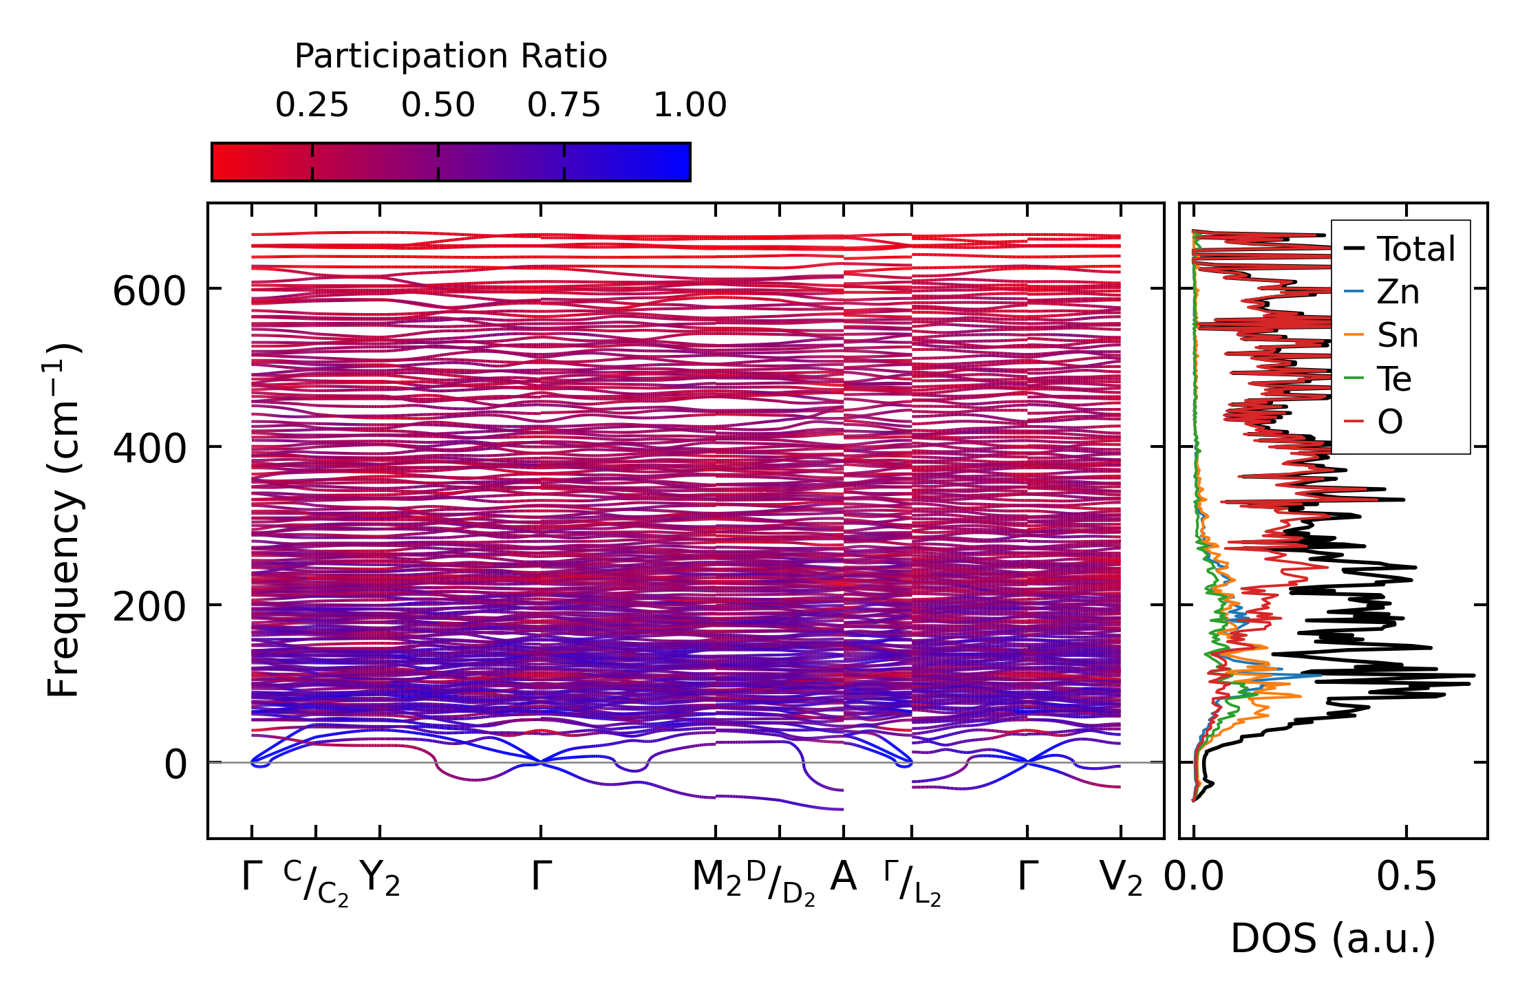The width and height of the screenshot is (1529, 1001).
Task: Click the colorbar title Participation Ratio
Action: [x=451, y=56]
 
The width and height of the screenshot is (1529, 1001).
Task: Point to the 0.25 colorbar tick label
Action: [x=312, y=105]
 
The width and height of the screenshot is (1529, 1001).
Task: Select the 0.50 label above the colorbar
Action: [x=438, y=105]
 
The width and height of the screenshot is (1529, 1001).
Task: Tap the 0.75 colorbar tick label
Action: [x=564, y=105]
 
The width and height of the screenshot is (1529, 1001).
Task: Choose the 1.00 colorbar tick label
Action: [x=689, y=105]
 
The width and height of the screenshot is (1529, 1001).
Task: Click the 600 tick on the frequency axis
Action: [x=149, y=291]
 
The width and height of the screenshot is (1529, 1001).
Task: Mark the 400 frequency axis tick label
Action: [x=149, y=449]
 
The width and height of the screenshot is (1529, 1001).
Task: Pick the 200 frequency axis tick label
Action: [x=149, y=607]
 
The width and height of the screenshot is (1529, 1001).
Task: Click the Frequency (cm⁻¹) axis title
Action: [x=65, y=520]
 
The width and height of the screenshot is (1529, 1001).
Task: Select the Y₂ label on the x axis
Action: [x=379, y=878]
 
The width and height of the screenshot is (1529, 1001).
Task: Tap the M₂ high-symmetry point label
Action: [x=716, y=878]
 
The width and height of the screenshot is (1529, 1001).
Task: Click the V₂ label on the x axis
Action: [x=1120, y=878]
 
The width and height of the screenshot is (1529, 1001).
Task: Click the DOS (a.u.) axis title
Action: [x=1333, y=938]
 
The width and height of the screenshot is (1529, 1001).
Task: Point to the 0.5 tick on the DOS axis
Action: [x=1406, y=878]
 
